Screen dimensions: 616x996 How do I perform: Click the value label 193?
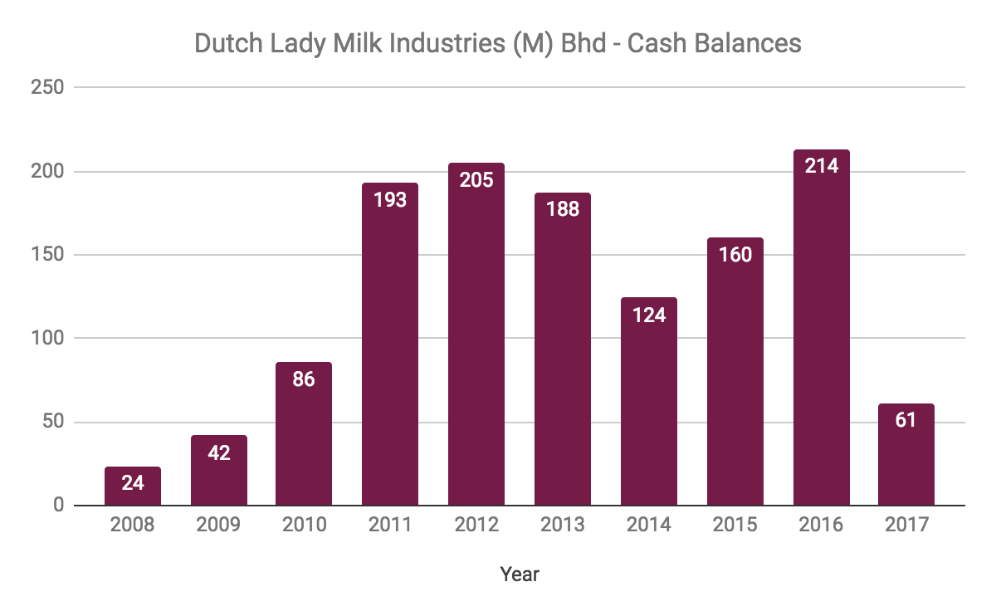coord(390,199)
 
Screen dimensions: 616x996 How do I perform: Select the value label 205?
coord(476,179)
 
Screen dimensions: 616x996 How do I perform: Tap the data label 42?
coord(219,452)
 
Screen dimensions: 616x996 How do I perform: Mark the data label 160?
coord(735,254)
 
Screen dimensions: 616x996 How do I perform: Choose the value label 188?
coord(563,209)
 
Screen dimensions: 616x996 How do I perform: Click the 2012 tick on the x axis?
coord(476,526)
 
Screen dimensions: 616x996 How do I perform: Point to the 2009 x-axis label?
coord(219,526)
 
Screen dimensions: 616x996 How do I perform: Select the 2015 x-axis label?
coord(735,526)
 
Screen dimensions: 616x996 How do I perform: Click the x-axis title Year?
coord(520,574)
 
